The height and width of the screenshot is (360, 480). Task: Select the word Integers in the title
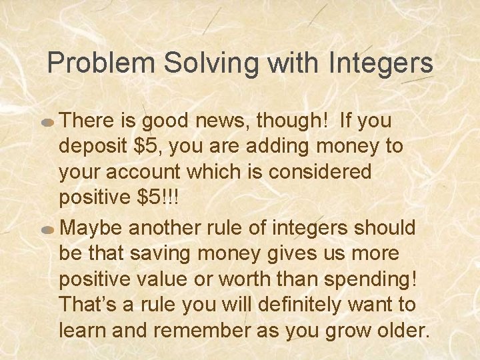click(x=381, y=64)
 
